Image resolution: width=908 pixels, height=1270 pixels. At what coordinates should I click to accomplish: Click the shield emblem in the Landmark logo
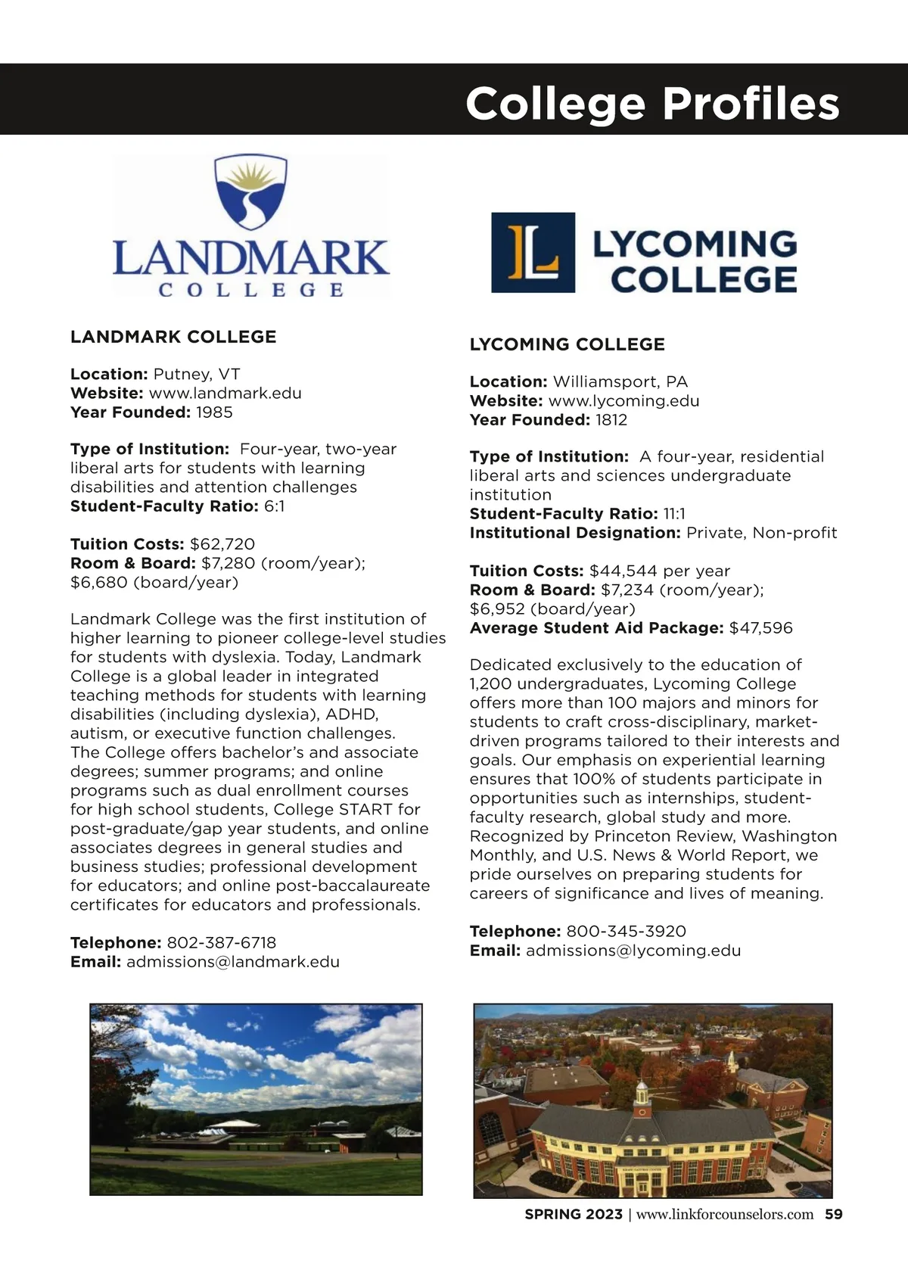pyautogui.click(x=251, y=195)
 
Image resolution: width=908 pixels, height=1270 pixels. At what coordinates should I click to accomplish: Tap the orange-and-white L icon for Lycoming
pyautogui.click(x=533, y=253)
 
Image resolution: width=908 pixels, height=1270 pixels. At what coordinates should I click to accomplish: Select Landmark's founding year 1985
pyautogui.click(x=214, y=412)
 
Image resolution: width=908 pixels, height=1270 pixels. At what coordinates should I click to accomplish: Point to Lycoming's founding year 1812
pyautogui.click(x=611, y=420)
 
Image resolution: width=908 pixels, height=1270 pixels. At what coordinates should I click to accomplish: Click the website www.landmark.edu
pyautogui.click(x=225, y=394)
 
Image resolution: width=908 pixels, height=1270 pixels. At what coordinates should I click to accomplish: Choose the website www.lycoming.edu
pyautogui.click(x=623, y=401)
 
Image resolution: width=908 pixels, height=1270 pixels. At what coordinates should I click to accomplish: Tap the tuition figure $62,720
pyautogui.click(x=222, y=544)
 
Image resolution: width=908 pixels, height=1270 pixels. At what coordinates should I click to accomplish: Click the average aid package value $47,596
pyautogui.click(x=760, y=628)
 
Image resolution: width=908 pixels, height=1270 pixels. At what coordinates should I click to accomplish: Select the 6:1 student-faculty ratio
pyautogui.click(x=275, y=506)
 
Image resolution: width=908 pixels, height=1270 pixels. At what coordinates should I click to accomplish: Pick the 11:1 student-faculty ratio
pyautogui.click(x=674, y=514)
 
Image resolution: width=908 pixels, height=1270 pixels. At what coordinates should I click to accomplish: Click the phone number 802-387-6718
pyautogui.click(x=221, y=943)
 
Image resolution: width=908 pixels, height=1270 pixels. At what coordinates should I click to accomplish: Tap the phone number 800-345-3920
pyautogui.click(x=626, y=932)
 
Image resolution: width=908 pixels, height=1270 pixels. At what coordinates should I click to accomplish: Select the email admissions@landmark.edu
pyautogui.click(x=233, y=962)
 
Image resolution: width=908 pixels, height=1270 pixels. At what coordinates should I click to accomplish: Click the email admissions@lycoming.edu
pyautogui.click(x=633, y=951)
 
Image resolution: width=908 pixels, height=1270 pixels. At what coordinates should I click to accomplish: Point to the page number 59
pyautogui.click(x=833, y=1215)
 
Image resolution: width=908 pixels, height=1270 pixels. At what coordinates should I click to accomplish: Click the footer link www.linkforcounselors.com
pyautogui.click(x=725, y=1215)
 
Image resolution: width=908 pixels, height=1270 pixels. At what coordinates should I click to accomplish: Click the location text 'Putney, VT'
pyautogui.click(x=197, y=375)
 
